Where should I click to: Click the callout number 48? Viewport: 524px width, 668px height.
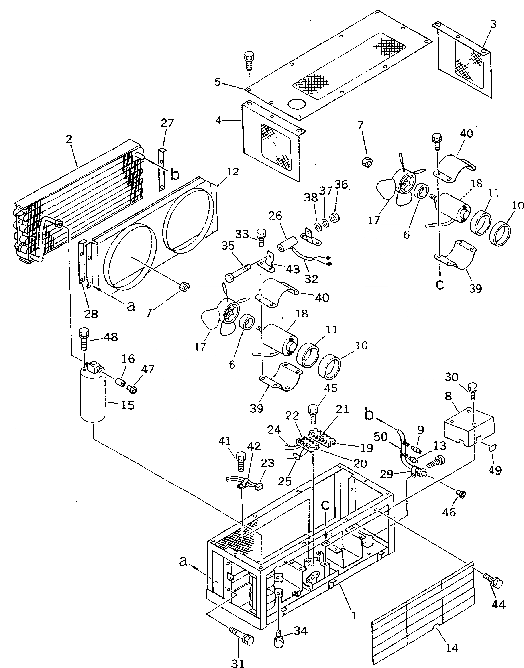pos(111,337)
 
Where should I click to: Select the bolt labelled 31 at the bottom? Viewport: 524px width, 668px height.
pos(242,638)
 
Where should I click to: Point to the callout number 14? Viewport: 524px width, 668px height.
pos(452,648)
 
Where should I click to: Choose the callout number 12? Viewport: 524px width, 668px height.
pos(233,172)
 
